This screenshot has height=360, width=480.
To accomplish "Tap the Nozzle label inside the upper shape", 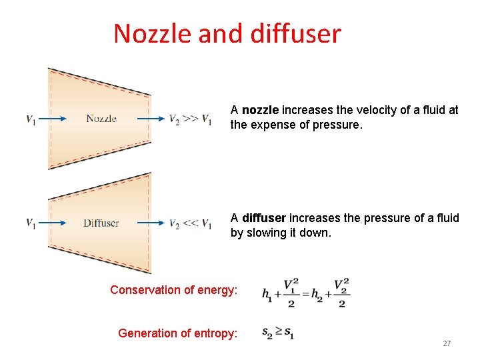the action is [x=101, y=119].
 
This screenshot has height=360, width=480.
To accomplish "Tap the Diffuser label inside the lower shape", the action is [x=101, y=223].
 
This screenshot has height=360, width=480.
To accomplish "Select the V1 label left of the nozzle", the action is [x=31, y=119].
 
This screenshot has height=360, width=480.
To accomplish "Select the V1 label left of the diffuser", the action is [x=31, y=223].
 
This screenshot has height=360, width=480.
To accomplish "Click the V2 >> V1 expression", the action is [x=191, y=119].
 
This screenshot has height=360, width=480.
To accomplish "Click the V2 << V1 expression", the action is [x=191, y=223].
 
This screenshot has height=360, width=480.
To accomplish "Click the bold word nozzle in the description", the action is [x=260, y=110].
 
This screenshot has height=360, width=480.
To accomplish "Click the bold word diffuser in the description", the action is [x=264, y=218].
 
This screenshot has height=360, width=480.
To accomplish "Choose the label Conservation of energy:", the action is [x=173, y=290].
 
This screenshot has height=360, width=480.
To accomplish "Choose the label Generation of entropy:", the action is [x=177, y=333].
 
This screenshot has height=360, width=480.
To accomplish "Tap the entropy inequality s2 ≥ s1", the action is [x=278, y=331].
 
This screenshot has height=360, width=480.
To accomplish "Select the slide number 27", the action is [x=447, y=343].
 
